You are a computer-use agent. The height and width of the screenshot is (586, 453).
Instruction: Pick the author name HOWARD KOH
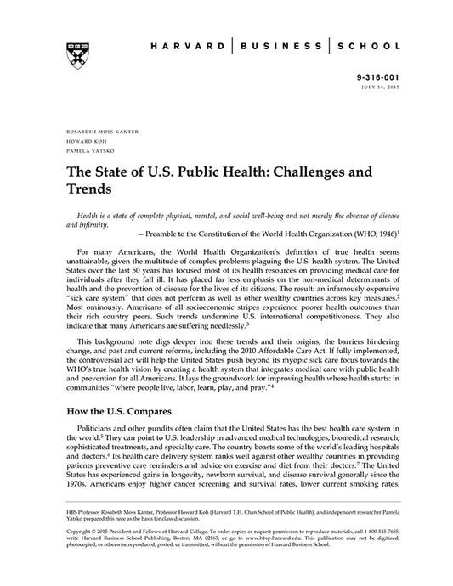pyautogui.click(x=76, y=142)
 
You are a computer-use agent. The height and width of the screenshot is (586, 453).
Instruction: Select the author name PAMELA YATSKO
pyautogui.click(x=80, y=152)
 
